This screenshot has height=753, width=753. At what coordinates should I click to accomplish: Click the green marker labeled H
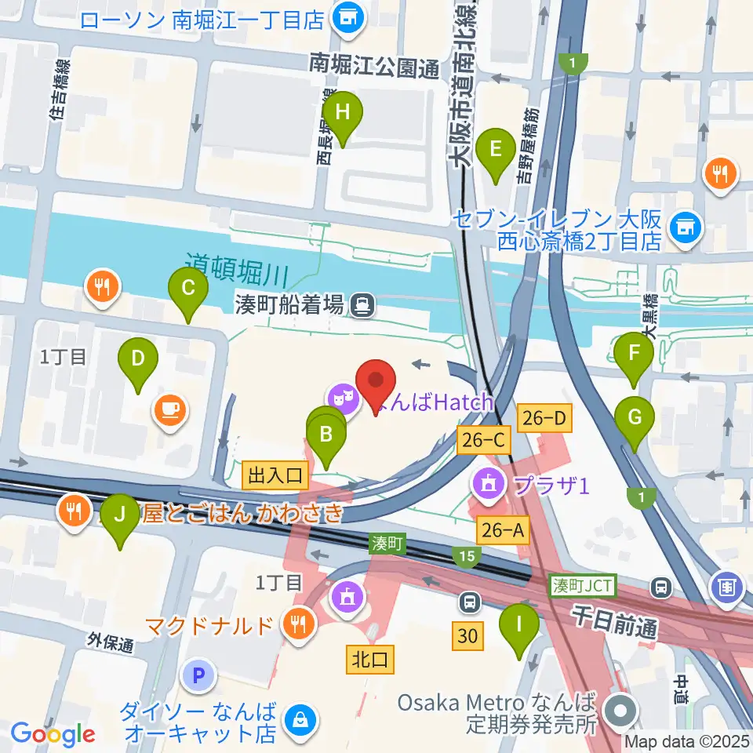(x=342, y=112)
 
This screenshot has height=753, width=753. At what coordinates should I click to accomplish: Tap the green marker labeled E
(x=495, y=148)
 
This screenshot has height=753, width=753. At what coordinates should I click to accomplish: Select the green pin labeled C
(x=188, y=287)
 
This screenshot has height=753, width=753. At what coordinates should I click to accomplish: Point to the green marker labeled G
(x=634, y=418)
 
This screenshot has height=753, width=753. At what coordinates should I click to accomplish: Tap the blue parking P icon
(x=199, y=674)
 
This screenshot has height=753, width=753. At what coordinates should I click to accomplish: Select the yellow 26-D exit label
(x=544, y=420)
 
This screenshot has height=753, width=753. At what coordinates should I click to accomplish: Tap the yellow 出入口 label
(x=275, y=475)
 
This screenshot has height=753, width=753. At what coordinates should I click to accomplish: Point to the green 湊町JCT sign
(x=584, y=584)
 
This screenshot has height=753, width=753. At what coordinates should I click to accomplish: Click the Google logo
(x=53, y=734)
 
